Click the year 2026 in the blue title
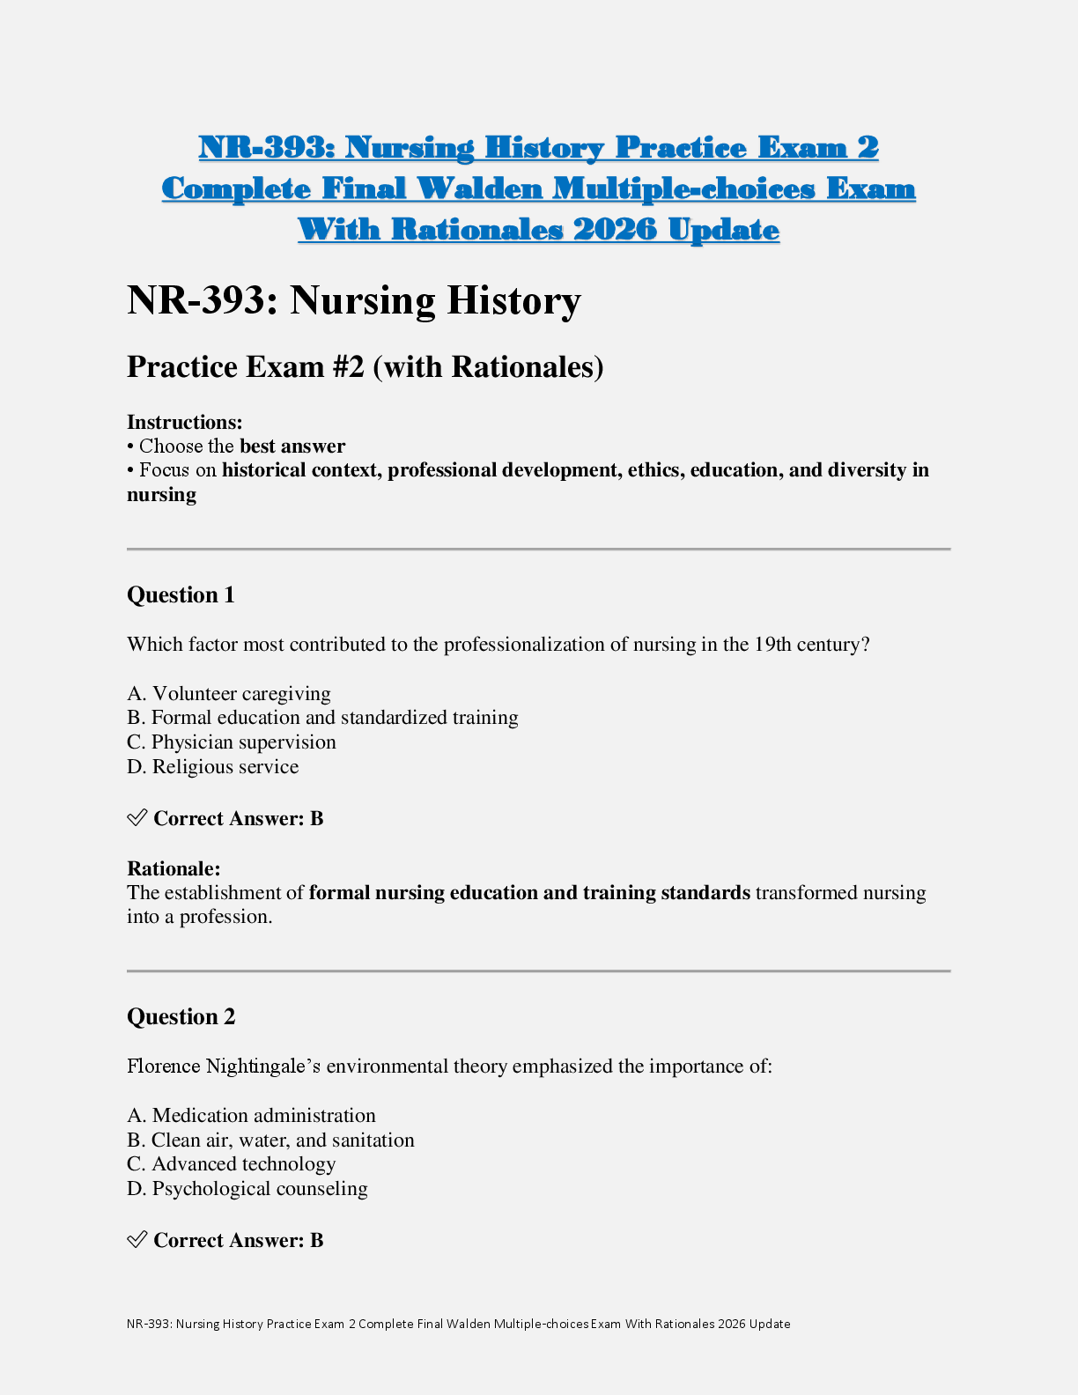(x=614, y=230)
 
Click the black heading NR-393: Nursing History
(x=353, y=300)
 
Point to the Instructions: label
(x=184, y=422)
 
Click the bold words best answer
(x=292, y=446)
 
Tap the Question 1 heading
(x=181, y=595)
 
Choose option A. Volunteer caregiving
(x=229, y=694)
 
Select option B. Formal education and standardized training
(x=322, y=718)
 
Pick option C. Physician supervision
(x=232, y=742)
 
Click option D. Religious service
(x=212, y=767)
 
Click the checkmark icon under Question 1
(x=137, y=818)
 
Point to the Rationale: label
(x=174, y=868)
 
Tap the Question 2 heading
(x=181, y=1017)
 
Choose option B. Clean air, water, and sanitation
(x=270, y=1140)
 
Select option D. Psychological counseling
(x=247, y=1189)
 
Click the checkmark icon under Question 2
(x=137, y=1240)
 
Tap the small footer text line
(x=458, y=1324)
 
